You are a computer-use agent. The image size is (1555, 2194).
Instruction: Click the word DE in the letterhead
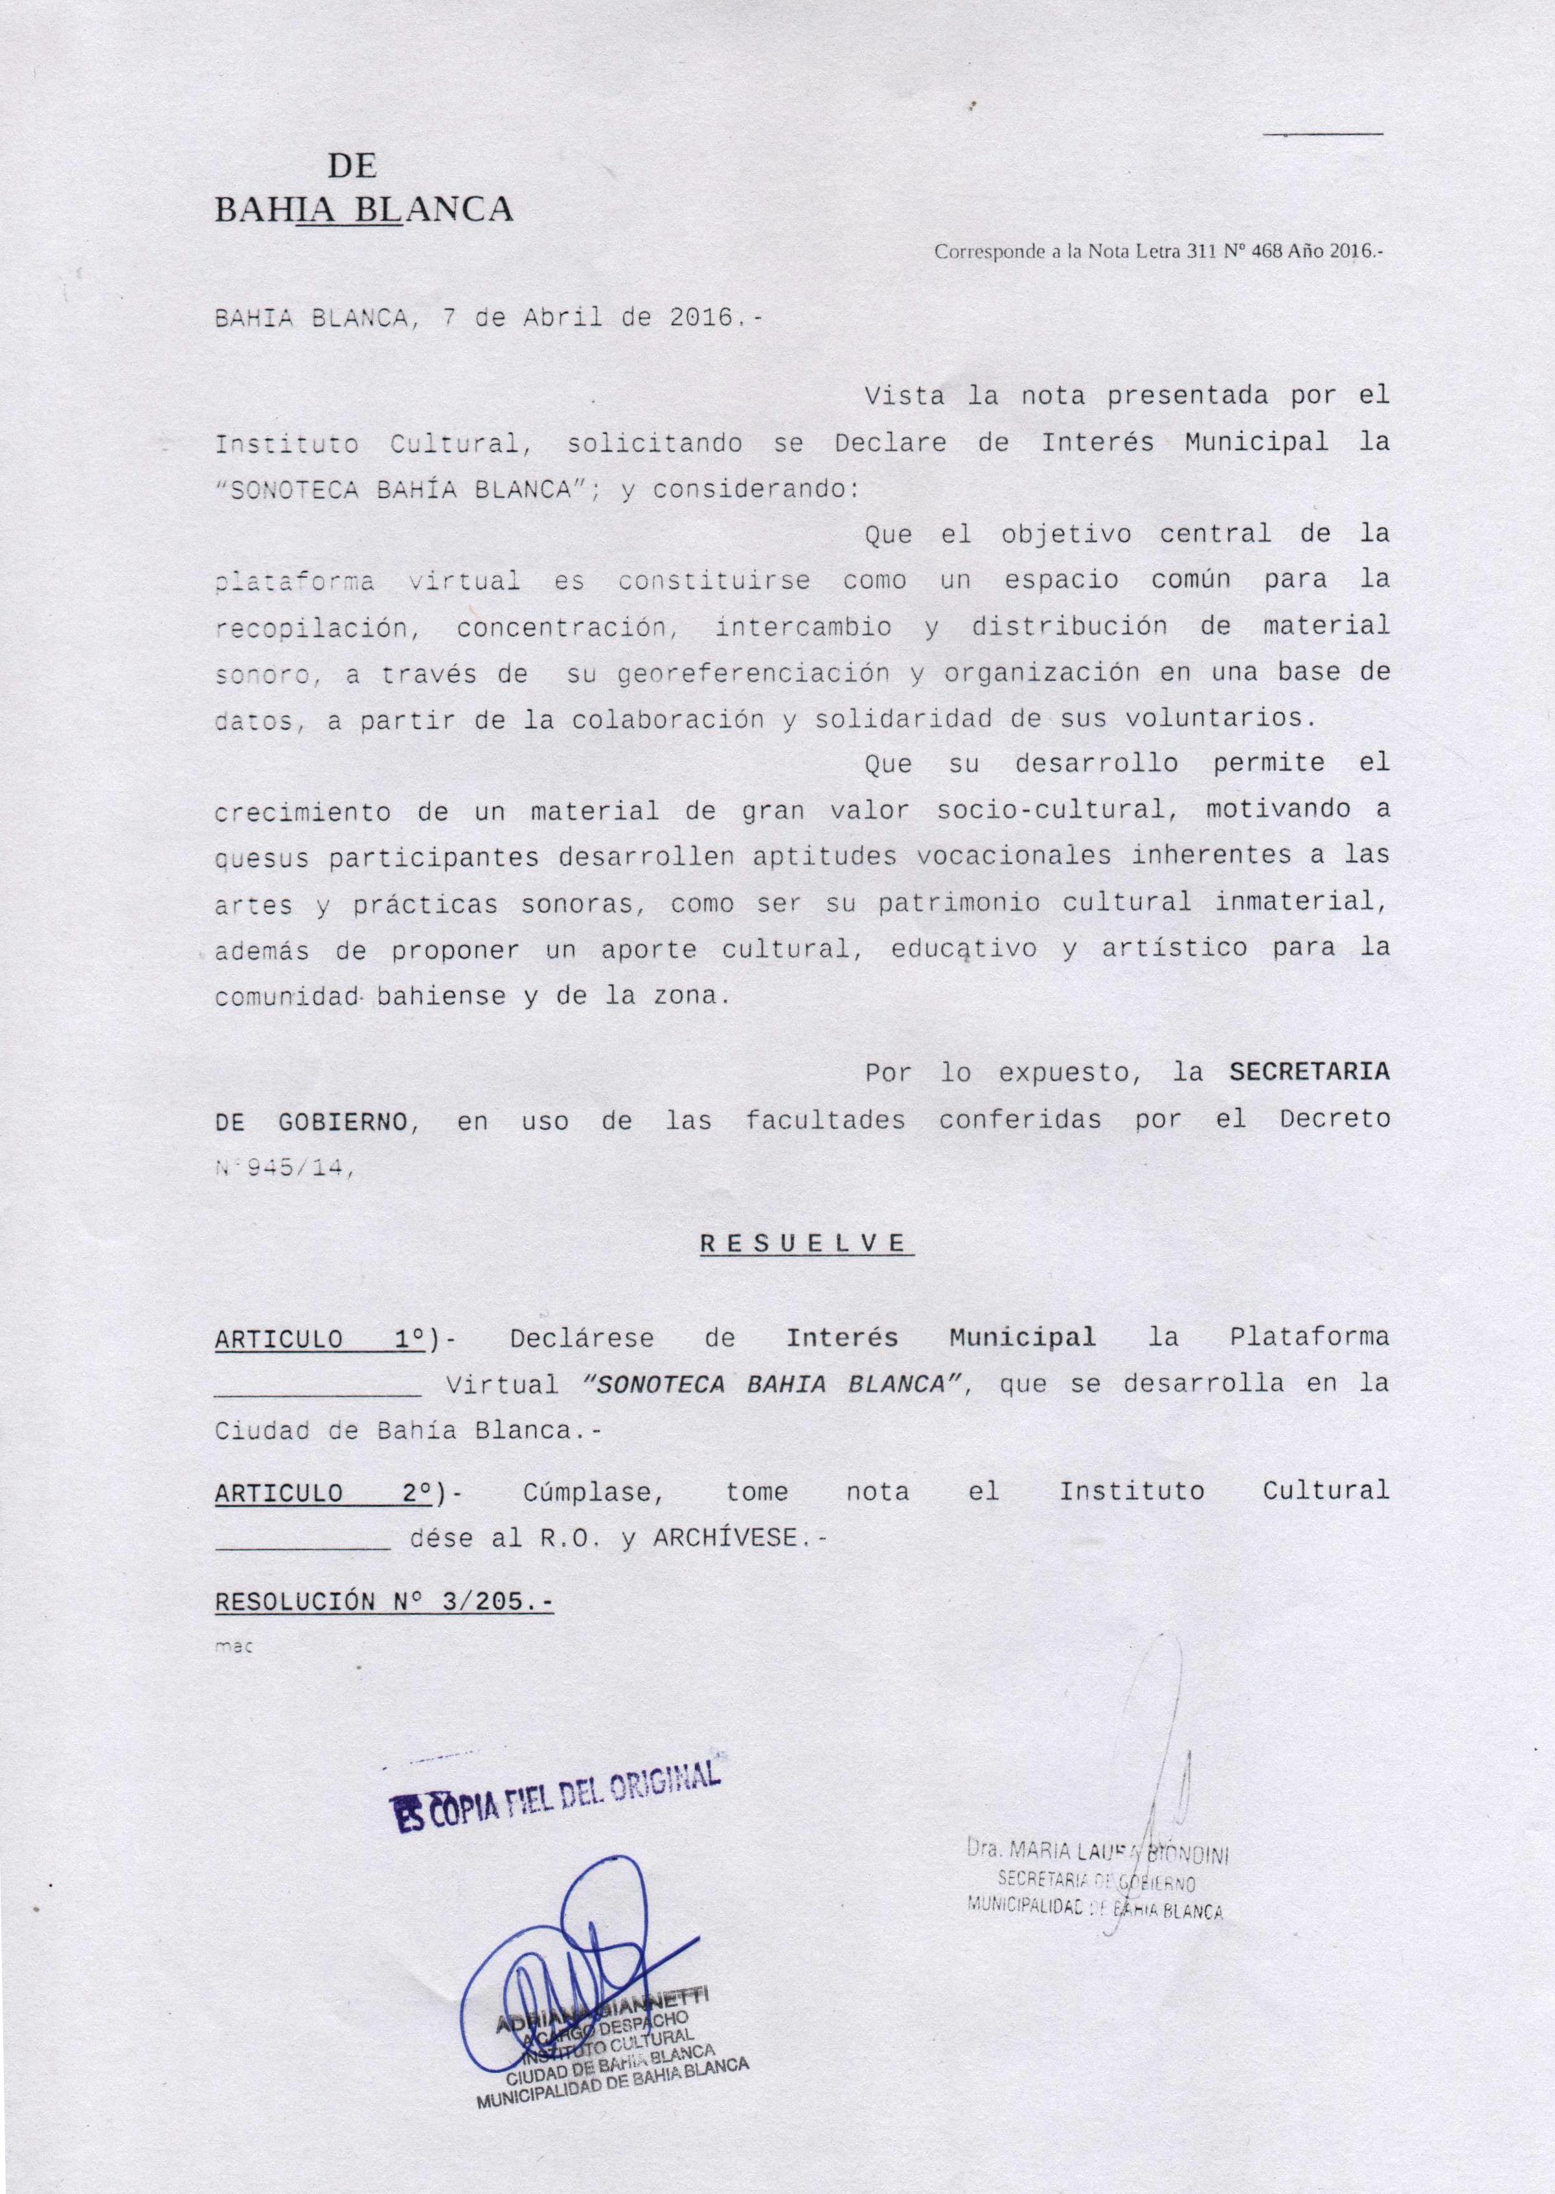[x=352, y=166]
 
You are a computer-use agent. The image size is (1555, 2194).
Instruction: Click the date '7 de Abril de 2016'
[x=589, y=319]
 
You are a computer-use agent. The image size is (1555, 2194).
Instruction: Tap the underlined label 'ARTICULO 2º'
[x=320, y=1492]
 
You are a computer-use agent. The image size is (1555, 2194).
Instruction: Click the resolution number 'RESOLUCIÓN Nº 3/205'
[x=383, y=1601]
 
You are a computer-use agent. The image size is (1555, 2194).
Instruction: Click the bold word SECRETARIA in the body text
[x=1309, y=1073]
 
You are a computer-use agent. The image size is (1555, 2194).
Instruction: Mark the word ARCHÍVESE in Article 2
[x=725, y=1538]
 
